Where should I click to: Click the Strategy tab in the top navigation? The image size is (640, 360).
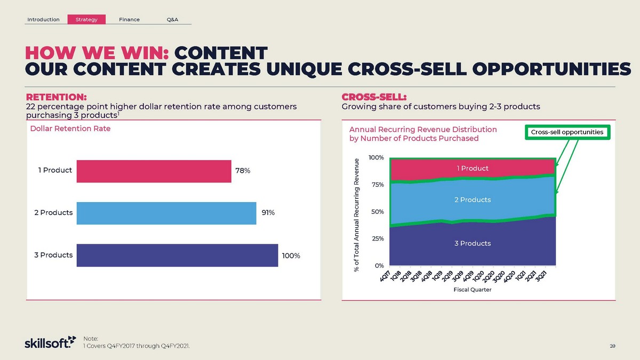(86, 20)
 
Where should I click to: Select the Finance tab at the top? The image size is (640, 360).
(129, 20)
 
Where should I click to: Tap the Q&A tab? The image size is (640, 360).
(172, 20)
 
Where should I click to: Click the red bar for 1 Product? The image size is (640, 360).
(154, 171)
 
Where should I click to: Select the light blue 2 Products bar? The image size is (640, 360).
(166, 213)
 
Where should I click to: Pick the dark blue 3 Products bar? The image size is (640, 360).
(177, 255)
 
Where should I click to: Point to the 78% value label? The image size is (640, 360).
(243, 171)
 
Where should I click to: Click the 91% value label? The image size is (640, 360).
(268, 213)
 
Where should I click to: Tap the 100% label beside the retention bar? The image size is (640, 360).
(291, 255)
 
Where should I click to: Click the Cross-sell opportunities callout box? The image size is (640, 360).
(567, 132)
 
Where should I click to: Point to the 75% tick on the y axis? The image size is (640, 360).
(377, 185)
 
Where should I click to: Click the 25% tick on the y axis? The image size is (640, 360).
(377, 238)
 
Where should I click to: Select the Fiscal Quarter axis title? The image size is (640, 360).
(473, 290)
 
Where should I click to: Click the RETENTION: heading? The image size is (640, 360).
(57, 97)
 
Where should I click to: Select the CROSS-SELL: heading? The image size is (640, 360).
(374, 97)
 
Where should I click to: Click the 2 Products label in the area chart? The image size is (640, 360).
(472, 199)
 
